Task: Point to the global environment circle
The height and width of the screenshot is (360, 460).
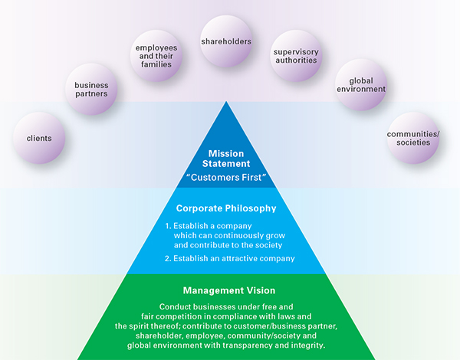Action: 360,85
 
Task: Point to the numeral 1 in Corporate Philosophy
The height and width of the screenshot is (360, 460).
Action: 168,227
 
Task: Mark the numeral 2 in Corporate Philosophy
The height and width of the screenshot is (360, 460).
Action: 168,259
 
